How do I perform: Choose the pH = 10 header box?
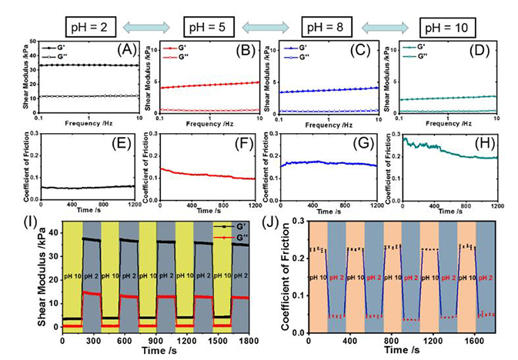[449, 28]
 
